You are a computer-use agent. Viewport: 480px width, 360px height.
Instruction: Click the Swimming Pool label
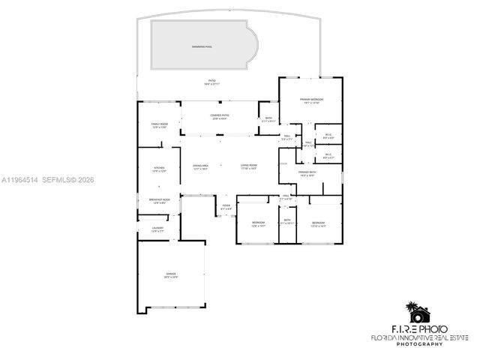(x=202, y=46)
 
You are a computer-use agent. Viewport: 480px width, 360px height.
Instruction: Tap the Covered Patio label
(x=220, y=116)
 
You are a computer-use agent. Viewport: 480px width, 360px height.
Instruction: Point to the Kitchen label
(x=159, y=169)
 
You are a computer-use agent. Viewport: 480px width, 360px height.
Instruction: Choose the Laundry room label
(x=157, y=229)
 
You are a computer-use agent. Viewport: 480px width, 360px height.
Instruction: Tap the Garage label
(x=171, y=275)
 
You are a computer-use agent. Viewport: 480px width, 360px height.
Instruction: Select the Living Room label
(x=249, y=166)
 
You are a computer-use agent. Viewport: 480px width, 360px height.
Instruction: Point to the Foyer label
(x=226, y=207)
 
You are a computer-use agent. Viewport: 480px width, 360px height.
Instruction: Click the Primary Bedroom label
(x=311, y=101)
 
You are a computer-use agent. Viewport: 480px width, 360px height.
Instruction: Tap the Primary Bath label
(x=306, y=174)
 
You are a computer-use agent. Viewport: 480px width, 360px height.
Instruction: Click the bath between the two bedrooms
(x=287, y=222)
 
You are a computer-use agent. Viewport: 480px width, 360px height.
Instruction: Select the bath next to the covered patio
(x=268, y=119)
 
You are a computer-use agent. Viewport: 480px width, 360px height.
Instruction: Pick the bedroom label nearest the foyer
(x=258, y=223)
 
